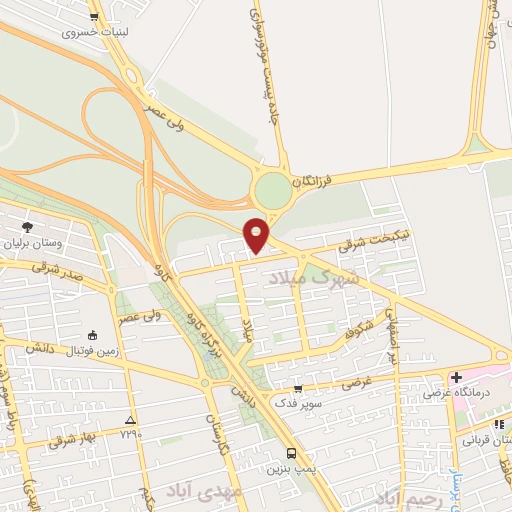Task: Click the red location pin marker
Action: (257, 234)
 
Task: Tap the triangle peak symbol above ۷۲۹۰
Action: (129, 419)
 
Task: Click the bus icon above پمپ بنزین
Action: (290, 452)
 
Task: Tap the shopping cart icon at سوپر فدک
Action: (298, 389)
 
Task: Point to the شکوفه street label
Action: (358, 329)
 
